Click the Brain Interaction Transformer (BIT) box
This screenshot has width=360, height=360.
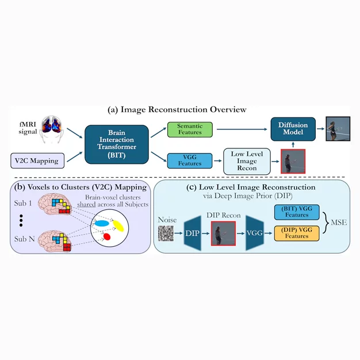click(x=117, y=144)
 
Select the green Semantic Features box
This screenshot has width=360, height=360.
click(x=190, y=129)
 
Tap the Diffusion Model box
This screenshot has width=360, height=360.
click(x=293, y=129)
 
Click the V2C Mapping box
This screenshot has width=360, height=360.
click(x=37, y=160)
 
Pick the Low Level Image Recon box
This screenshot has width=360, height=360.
click(x=247, y=161)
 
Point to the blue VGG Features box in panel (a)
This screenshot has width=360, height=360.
click(x=190, y=160)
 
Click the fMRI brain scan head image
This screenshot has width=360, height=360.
click(x=51, y=129)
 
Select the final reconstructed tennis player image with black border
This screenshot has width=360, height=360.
click(x=338, y=129)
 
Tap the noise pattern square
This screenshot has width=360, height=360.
click(x=166, y=233)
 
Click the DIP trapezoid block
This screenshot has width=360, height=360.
click(x=193, y=233)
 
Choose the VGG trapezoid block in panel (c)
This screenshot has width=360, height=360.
click(x=255, y=233)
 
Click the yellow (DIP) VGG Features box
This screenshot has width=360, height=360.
click(x=297, y=233)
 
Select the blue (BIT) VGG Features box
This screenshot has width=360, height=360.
click(x=297, y=212)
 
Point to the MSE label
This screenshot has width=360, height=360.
click(x=339, y=223)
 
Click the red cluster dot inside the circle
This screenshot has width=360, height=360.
click(x=107, y=236)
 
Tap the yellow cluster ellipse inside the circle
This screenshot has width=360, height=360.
click(x=118, y=225)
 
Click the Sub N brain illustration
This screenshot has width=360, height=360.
click(x=55, y=242)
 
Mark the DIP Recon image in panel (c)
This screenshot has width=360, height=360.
click(x=223, y=233)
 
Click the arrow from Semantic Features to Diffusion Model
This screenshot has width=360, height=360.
click(x=242, y=129)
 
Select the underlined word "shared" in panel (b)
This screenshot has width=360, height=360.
click(x=86, y=204)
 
